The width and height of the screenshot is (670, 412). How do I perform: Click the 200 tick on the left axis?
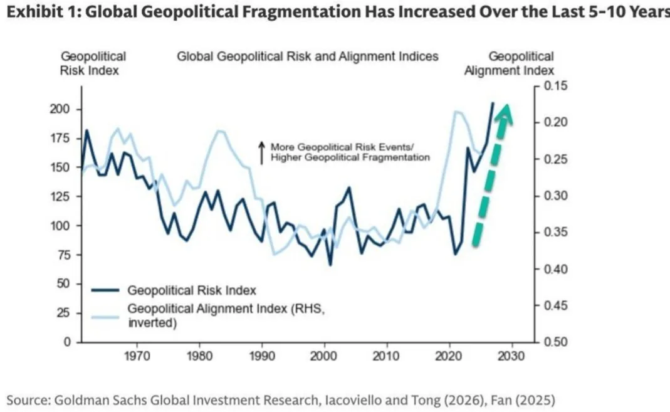click(60, 109)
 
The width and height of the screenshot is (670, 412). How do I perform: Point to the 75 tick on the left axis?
click(63, 255)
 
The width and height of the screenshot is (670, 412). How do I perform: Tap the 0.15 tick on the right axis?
click(556, 86)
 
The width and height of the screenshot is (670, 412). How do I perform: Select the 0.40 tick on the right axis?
click(556, 269)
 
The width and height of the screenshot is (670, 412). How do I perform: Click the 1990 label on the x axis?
click(262, 356)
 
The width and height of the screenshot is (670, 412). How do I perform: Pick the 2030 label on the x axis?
click(511, 356)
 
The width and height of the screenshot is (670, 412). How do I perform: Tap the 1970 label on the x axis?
click(137, 356)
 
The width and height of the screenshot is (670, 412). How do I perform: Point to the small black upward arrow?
click(261, 153)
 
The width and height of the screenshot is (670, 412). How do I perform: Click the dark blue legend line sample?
click(105, 290)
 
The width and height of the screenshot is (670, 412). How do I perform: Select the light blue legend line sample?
click(105, 317)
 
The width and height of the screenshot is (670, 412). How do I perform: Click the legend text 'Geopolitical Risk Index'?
click(192, 290)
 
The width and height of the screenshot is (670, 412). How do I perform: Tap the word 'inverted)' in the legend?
click(152, 323)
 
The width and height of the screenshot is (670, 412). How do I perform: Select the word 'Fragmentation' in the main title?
click(301, 12)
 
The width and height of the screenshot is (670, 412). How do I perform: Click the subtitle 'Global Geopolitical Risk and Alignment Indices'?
click(308, 56)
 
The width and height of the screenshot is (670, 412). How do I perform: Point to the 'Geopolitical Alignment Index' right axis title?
click(510, 63)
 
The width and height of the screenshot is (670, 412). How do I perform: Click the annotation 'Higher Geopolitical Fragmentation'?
click(350, 157)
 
